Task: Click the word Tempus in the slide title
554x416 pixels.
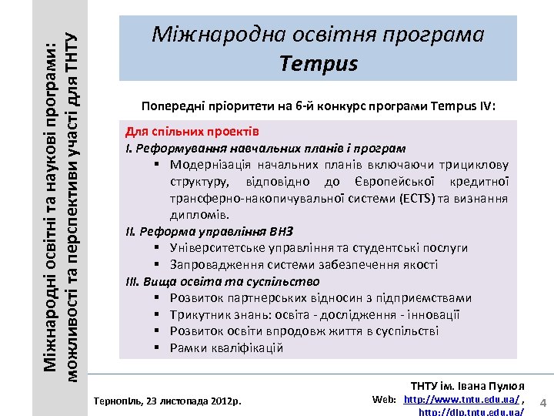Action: point(319,63)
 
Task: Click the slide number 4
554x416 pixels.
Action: point(542,403)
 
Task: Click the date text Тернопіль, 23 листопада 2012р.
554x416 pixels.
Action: point(166,401)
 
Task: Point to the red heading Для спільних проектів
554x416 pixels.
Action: point(192,132)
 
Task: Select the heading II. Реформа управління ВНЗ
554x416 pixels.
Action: point(209,231)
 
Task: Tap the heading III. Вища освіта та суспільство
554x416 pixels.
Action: point(222,281)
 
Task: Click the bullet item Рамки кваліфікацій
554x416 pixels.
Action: point(226,348)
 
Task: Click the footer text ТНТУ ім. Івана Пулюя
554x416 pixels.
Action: point(467,385)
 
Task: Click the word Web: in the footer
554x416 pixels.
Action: point(384,400)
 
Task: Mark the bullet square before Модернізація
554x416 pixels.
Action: point(156,165)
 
